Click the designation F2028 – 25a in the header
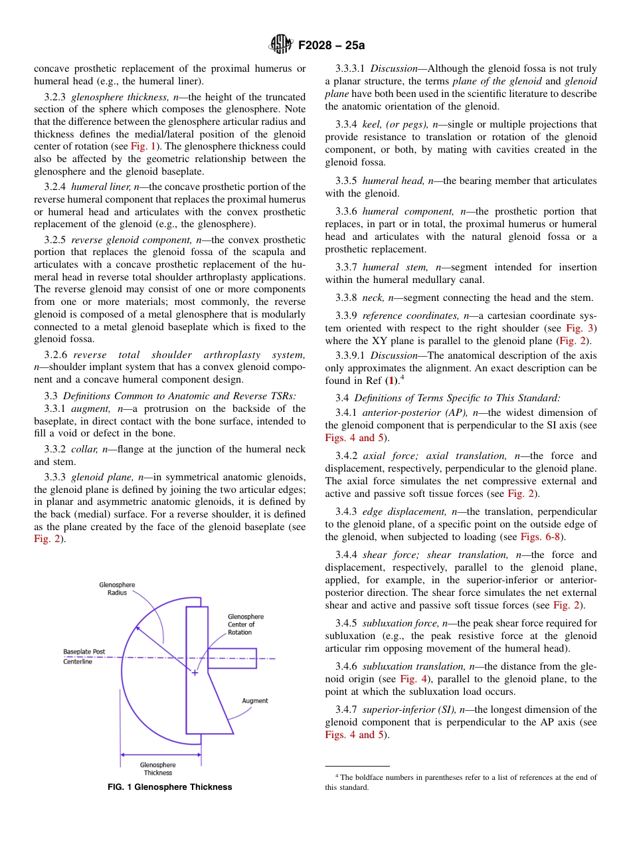click(x=331, y=46)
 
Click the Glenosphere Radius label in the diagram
click(x=118, y=589)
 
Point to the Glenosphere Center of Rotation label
click(x=245, y=624)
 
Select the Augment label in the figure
click(x=255, y=700)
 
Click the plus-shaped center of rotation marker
click(x=195, y=673)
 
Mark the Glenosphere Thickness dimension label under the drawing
click(x=158, y=769)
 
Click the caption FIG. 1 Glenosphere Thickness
click(x=170, y=787)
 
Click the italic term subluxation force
click(x=404, y=623)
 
